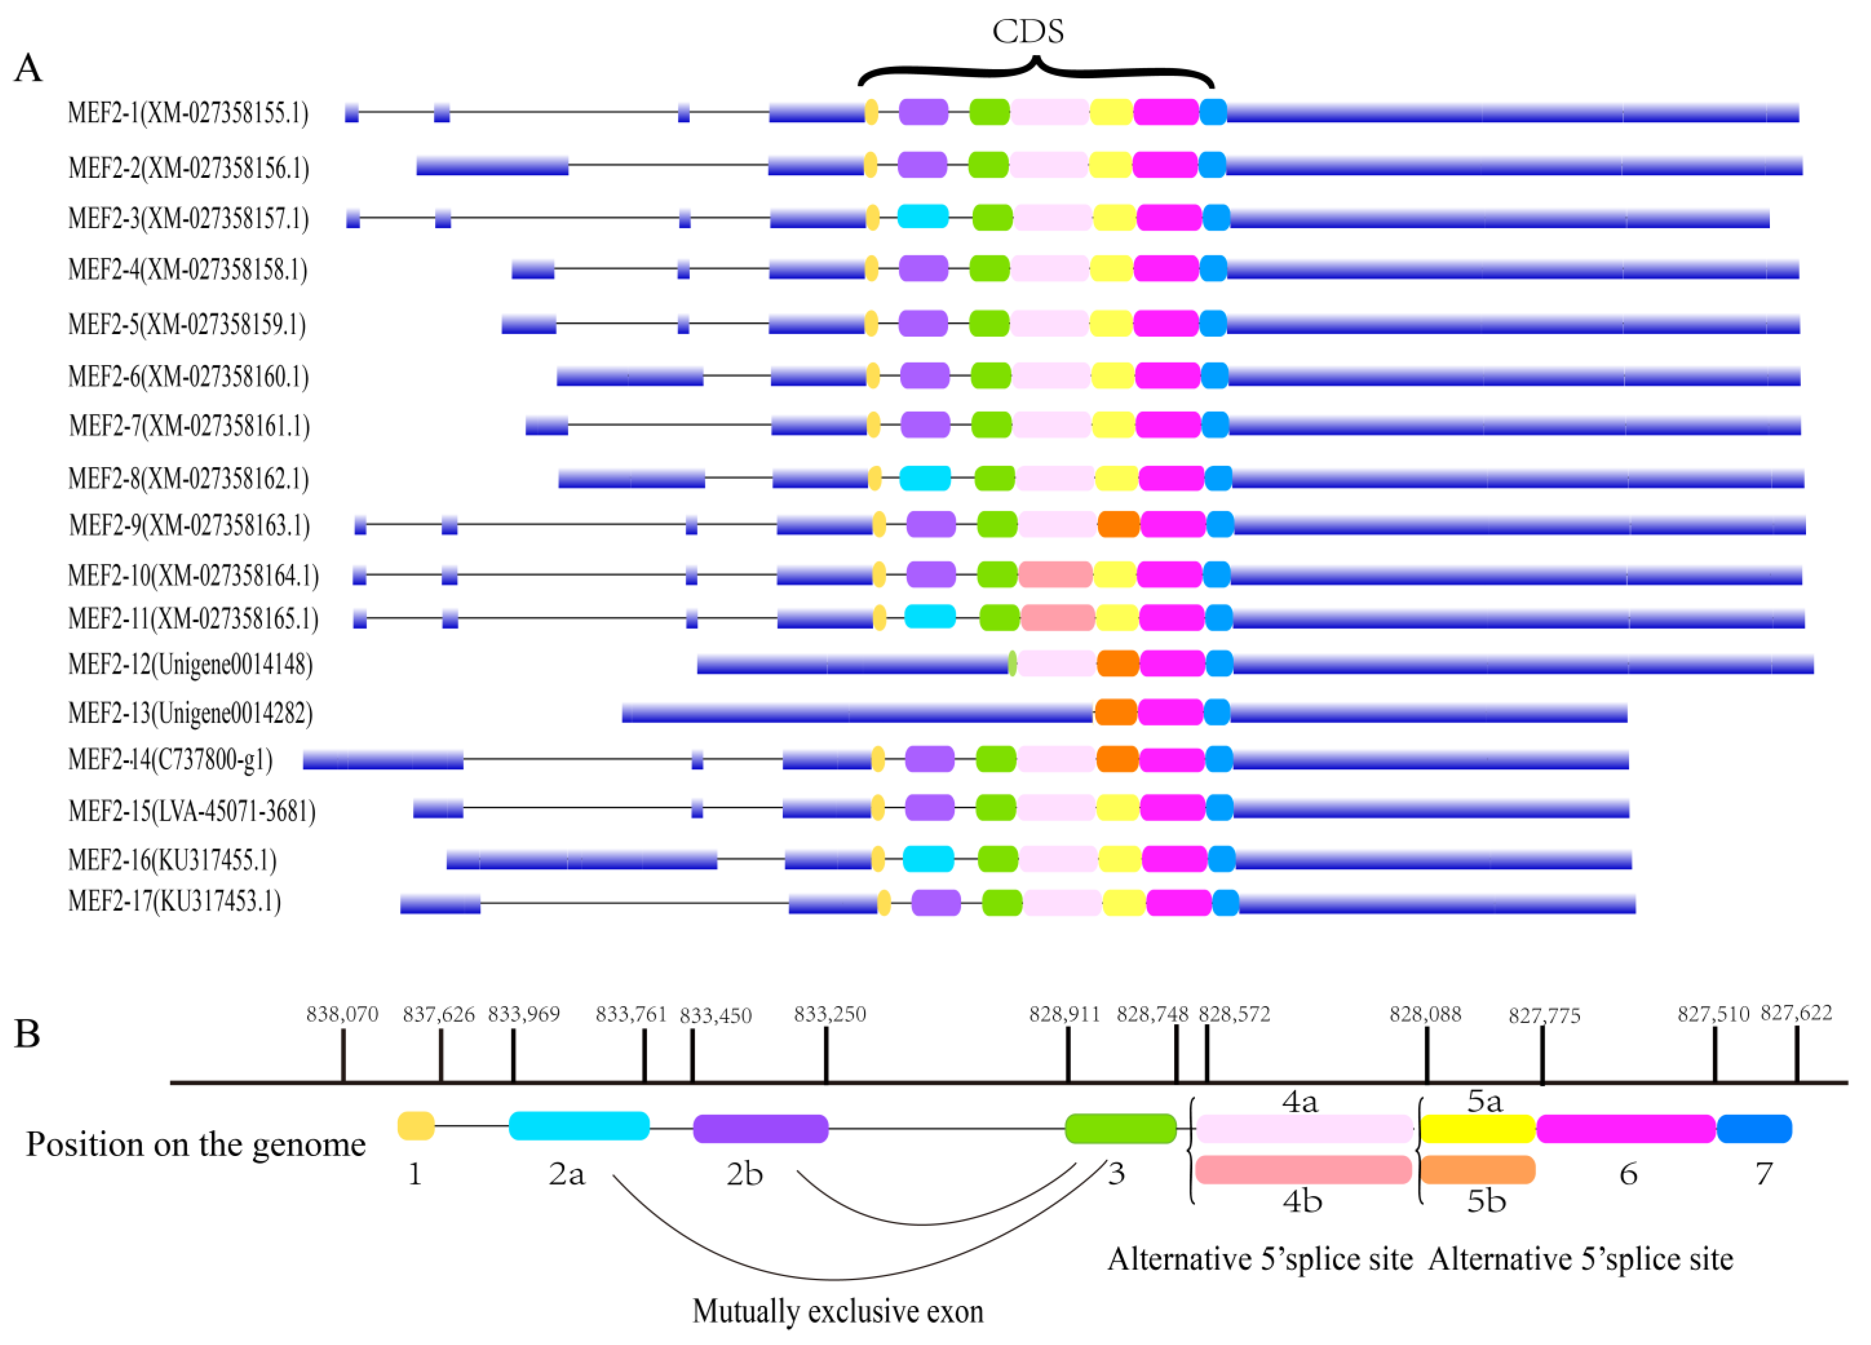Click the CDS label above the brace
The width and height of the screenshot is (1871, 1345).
tap(1028, 31)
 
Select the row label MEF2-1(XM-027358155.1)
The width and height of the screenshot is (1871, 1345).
tap(188, 112)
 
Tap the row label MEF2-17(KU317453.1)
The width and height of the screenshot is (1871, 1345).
tap(175, 901)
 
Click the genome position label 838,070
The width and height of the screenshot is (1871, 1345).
tap(342, 1014)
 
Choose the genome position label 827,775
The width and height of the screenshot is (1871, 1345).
tap(1544, 1016)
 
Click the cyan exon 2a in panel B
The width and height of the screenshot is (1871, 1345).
tap(579, 1126)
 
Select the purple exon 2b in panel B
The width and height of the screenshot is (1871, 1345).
tap(761, 1129)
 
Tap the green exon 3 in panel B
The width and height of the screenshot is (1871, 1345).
tap(1120, 1129)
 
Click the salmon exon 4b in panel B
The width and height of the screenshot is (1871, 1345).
tap(1303, 1170)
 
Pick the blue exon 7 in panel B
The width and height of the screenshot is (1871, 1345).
tap(1755, 1129)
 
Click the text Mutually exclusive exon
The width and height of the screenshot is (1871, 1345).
tap(837, 1311)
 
